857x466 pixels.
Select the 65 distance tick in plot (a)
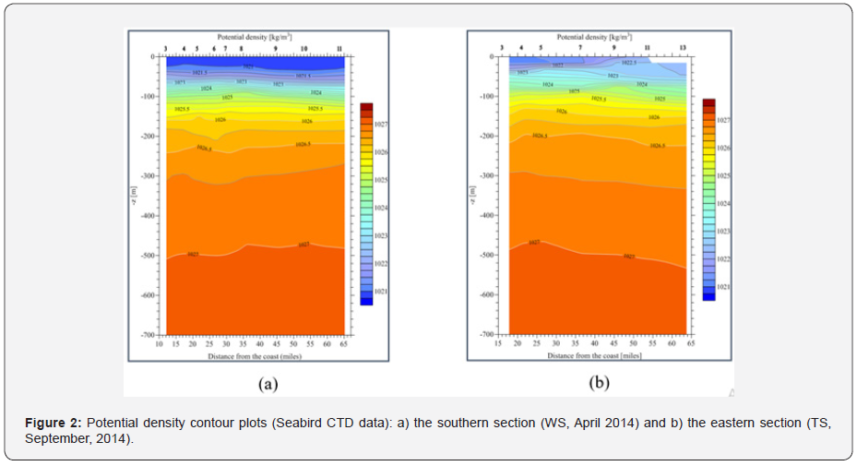click(344, 342)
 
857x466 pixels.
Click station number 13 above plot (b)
click(683, 46)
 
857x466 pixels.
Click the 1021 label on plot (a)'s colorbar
click(379, 292)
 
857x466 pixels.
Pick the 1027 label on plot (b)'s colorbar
click(723, 120)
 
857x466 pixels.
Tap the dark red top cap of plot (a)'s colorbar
click(366, 106)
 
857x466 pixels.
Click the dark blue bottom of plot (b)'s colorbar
click(709, 294)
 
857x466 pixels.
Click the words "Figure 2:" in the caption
click(54, 423)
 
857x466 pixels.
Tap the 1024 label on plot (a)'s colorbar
click(379, 208)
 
